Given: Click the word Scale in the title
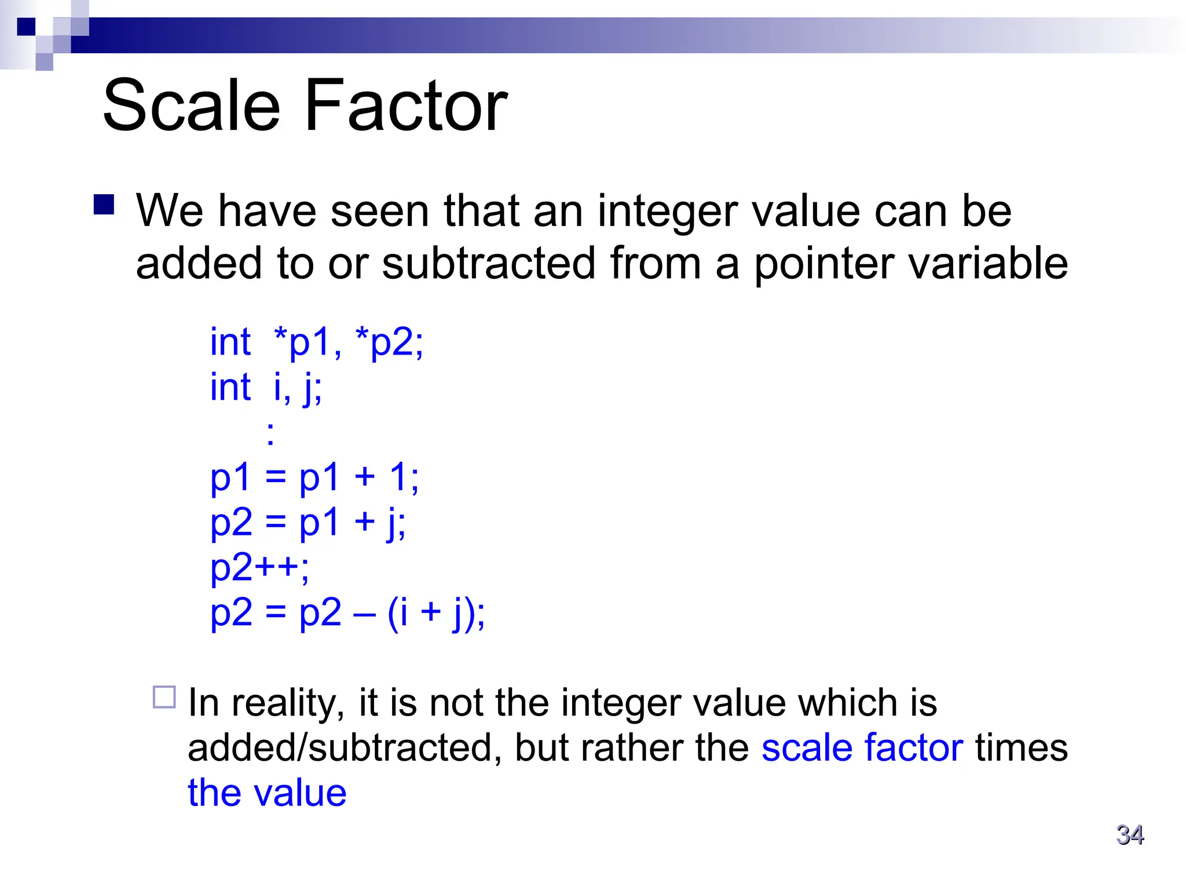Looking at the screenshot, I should coord(191,106).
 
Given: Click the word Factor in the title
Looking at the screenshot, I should coord(405,106).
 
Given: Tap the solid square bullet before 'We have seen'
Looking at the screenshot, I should coord(104,205).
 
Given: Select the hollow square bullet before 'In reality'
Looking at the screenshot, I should coord(164,697).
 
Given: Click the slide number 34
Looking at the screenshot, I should coord(1130,835).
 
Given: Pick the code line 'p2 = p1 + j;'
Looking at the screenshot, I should coord(308,523).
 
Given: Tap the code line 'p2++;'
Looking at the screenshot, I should coord(259,568).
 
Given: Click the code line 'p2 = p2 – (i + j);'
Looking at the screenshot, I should coord(347,613).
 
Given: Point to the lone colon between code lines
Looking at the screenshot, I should coord(270,433).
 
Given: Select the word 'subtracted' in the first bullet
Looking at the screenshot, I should coord(489,264).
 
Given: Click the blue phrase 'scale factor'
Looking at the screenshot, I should coord(862,747).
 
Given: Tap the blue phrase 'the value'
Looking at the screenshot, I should coord(267,793).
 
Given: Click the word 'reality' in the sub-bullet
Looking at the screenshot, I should coord(284,703).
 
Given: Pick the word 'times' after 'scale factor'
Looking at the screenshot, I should coord(1022,747).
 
